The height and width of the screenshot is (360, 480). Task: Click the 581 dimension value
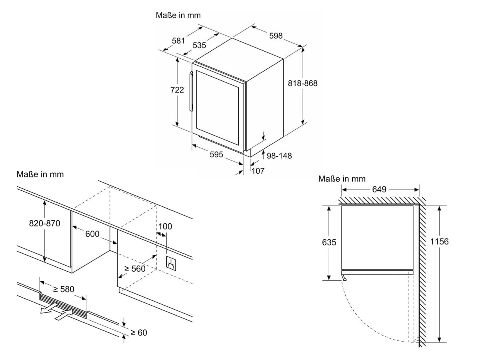178,40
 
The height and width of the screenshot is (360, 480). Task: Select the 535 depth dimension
199,45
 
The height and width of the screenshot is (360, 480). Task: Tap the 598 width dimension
276,36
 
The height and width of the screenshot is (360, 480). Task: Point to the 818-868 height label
302,83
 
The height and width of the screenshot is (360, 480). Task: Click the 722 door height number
177,90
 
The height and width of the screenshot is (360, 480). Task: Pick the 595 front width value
216,155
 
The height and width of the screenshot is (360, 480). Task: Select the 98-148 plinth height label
279,156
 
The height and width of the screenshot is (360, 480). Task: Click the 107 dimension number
258,170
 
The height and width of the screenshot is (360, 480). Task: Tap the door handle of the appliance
191,91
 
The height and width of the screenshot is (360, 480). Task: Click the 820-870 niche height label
44,224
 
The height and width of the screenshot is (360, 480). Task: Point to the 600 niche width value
92,234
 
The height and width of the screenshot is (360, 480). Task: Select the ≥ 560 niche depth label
134,269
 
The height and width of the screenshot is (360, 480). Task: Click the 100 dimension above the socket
165,226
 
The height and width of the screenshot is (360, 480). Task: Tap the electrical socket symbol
171,263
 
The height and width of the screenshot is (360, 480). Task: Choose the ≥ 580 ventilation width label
63,289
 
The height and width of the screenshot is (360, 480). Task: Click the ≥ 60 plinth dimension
139,332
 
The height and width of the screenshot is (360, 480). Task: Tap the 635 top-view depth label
328,242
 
